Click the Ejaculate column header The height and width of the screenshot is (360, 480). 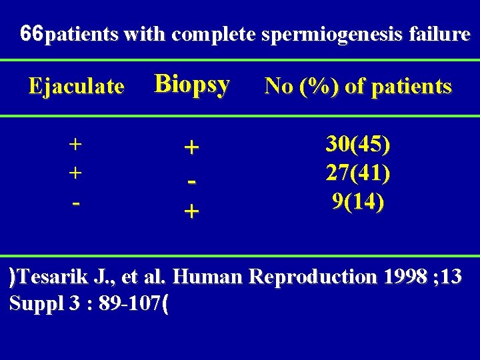(x=75, y=86)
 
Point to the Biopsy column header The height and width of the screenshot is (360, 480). (x=192, y=84)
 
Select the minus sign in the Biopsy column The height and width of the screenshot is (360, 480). (x=191, y=181)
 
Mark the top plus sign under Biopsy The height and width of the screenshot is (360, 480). (x=191, y=149)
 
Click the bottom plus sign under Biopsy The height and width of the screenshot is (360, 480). (x=191, y=212)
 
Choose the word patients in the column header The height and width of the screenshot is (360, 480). (x=412, y=87)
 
